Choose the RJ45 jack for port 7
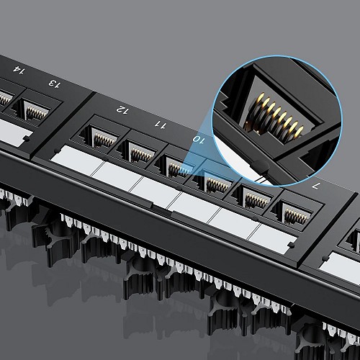point(294,214)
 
